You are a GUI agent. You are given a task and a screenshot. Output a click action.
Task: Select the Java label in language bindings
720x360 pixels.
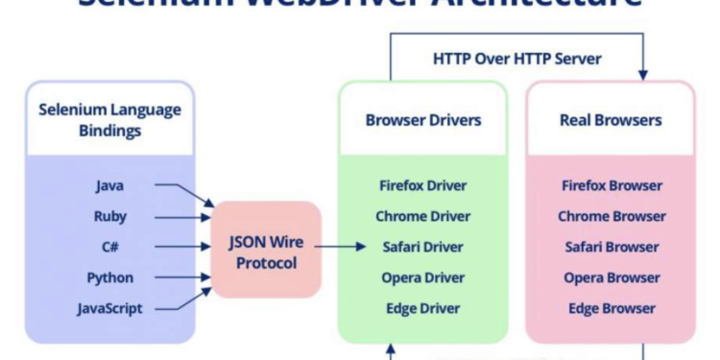coord(109,185)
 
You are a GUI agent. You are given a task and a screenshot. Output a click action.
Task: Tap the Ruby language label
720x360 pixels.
coord(109,216)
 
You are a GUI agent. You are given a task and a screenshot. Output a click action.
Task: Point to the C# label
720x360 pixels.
coord(109,247)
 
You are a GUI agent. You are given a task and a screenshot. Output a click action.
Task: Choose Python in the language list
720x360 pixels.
coord(109,277)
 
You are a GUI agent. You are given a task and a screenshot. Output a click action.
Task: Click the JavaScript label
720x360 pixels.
coord(109,308)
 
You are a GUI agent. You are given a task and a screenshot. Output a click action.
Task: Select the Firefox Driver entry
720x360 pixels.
coord(423,185)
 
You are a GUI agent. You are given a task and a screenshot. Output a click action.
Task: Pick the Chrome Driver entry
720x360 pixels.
coord(423,216)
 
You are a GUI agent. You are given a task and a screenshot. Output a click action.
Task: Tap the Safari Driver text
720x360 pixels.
coord(423,247)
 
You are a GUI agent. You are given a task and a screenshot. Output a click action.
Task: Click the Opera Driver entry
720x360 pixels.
coord(423,277)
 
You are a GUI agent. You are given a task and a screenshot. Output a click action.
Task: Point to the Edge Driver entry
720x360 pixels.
coord(423,308)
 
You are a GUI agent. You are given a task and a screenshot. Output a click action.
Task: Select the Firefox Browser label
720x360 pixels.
coord(611,185)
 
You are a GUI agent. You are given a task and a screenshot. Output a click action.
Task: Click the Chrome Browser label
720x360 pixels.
coord(611,216)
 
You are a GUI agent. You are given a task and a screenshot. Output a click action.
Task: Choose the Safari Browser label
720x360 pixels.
coord(611,247)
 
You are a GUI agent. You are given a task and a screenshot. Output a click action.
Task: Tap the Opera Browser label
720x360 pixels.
coord(611,277)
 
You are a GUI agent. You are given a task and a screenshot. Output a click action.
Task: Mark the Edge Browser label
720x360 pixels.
coord(611,308)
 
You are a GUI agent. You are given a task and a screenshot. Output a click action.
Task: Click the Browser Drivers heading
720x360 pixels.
coord(423,120)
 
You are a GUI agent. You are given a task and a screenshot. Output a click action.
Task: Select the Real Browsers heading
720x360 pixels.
coord(611,120)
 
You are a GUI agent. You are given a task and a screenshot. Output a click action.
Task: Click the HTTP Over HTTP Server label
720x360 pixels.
coord(516,59)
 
